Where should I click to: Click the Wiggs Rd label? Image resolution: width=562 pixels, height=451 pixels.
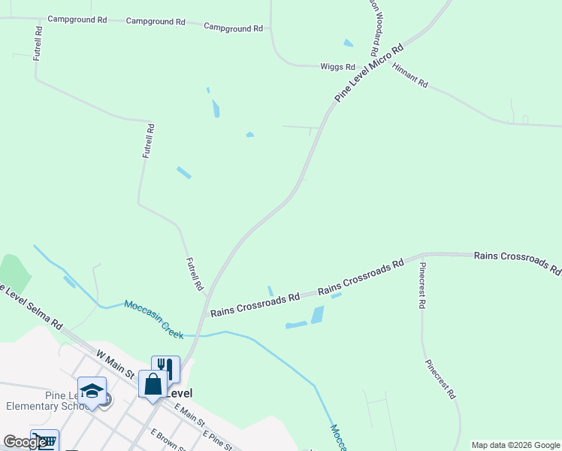point(337,67)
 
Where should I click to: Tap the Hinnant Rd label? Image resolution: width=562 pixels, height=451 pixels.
point(410,77)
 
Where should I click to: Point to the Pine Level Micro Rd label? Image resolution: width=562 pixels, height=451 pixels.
point(369,73)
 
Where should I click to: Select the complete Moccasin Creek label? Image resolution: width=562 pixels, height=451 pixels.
point(154,319)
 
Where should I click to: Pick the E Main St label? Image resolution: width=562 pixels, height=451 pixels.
point(190,417)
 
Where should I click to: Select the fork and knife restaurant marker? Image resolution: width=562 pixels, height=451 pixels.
point(165,368)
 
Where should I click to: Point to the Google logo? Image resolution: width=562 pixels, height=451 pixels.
point(25,442)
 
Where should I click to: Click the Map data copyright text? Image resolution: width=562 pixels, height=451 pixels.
point(515,445)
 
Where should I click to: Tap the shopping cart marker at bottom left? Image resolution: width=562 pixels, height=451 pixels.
point(44,441)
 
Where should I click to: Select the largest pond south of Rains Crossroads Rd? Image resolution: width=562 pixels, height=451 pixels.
point(317,314)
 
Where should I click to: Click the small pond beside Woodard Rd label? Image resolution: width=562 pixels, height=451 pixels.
point(348,43)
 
